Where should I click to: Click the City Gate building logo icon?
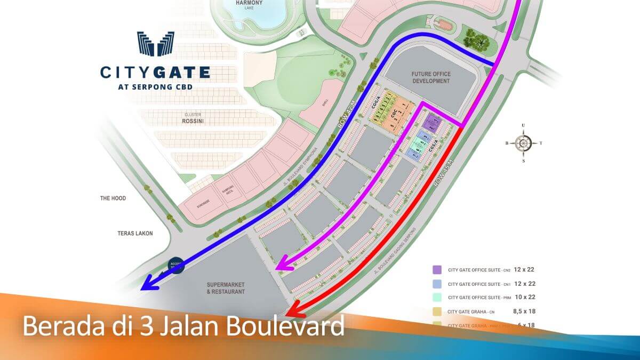coord(155,44)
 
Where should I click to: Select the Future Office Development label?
coord(431,77)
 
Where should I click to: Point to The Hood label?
coord(113,198)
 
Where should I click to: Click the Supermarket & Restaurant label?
coord(226,288)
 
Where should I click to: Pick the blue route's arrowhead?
coord(149,284)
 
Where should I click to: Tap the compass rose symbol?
coord(523,142)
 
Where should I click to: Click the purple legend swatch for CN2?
coord(437,270)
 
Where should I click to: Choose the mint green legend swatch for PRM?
coord(437,298)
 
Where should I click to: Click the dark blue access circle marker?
coord(177,265)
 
